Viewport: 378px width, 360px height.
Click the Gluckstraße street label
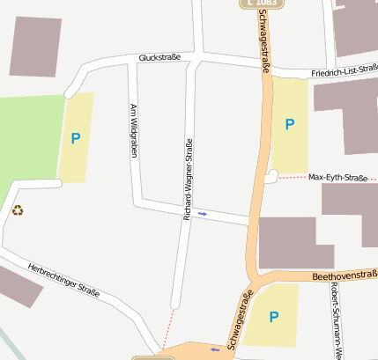[x=159, y=58]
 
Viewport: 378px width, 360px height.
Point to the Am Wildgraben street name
[x=134, y=131]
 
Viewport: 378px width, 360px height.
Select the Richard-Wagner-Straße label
[x=188, y=180]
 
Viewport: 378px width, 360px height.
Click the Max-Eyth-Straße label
[x=337, y=178]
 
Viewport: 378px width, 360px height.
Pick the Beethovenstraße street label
[x=345, y=276]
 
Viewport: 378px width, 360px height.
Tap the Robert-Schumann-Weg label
[x=335, y=320]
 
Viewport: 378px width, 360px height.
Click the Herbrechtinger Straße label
[x=63, y=279]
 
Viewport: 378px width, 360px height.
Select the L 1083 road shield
[x=261, y=4]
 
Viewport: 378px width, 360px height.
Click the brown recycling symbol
[x=18, y=210]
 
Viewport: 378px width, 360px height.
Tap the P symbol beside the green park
[x=76, y=138]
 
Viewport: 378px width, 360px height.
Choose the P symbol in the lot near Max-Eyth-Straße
[x=289, y=125]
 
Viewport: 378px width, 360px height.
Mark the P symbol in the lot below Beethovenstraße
[x=274, y=317]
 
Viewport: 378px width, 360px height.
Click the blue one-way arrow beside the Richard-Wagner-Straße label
[x=204, y=213]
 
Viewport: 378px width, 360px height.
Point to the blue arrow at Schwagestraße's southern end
[x=214, y=349]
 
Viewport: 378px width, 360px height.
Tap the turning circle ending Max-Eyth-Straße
[x=271, y=177]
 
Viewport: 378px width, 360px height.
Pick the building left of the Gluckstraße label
[x=35, y=45]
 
